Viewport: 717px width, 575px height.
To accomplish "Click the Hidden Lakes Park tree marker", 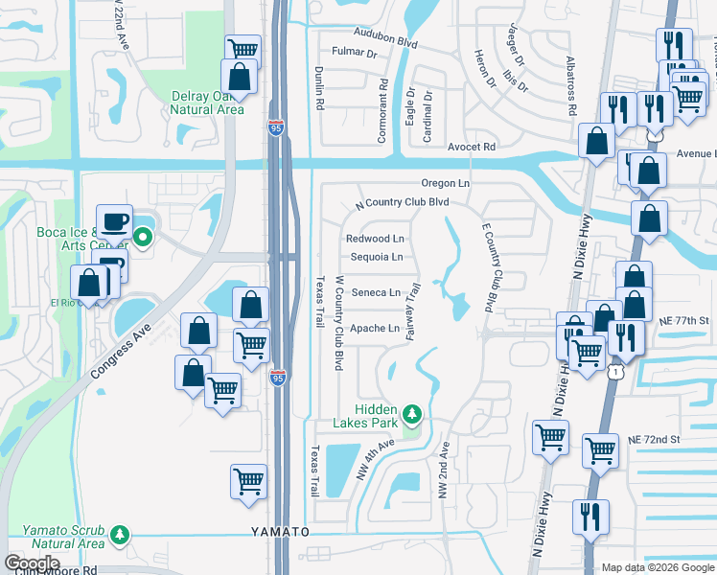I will coord(413,413).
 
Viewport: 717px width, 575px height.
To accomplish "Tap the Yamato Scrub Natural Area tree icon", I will coord(120,533).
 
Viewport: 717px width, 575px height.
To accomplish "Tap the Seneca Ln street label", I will coord(376,292).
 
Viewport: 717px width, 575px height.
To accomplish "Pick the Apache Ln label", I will coord(375,329).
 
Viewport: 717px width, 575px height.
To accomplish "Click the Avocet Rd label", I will coord(472,147).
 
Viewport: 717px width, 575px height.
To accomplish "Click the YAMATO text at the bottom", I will coord(280,531).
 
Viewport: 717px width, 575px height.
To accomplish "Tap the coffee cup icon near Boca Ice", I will coord(114,222).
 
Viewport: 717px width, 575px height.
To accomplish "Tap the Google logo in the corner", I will coord(32,563).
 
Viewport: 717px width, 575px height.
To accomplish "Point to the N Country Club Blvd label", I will coord(402,203).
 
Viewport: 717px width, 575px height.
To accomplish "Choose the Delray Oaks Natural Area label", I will coord(206,103).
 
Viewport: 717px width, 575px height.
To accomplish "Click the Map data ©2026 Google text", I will coord(657,567).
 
